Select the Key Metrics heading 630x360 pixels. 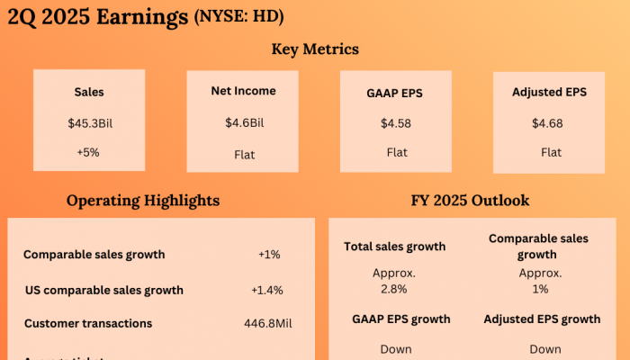pyautogui.click(x=315, y=49)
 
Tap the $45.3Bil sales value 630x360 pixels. pyautogui.click(x=89, y=122)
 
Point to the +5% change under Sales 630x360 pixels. pyautogui.click(x=89, y=152)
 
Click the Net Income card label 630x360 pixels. pyautogui.click(x=243, y=91)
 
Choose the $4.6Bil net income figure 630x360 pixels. pyautogui.click(x=243, y=122)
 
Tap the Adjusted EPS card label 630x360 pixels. pyautogui.click(x=550, y=91)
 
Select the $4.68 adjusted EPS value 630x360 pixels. pyautogui.click(x=550, y=122)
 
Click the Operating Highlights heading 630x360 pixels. pyautogui.click(x=143, y=201)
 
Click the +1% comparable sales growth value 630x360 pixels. pyautogui.click(x=269, y=255)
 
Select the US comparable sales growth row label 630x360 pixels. pyautogui.click(x=104, y=290)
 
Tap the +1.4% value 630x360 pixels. pyautogui.click(x=267, y=290)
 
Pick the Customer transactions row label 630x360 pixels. pyautogui.click(x=88, y=323)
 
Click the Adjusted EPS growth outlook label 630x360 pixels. pyautogui.click(x=542, y=319)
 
